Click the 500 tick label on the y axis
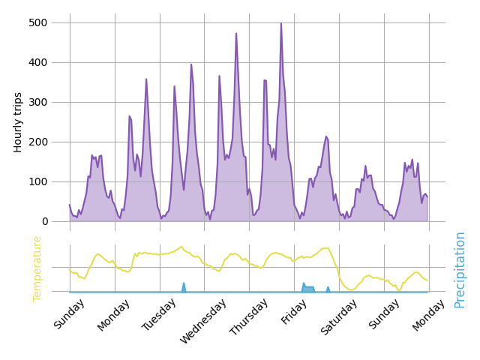(38, 22)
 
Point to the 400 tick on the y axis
(38, 62)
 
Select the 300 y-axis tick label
(38, 102)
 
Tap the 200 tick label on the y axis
(38, 142)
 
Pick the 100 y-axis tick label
(38, 181)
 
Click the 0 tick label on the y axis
(45, 221)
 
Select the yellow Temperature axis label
(37, 268)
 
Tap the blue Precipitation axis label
(460, 269)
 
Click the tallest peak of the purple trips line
(281, 23)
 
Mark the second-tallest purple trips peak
(236, 33)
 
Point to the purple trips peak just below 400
(191, 64)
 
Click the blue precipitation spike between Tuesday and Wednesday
(184, 284)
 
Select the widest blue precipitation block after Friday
(308, 289)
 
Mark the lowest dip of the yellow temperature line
(351, 289)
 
